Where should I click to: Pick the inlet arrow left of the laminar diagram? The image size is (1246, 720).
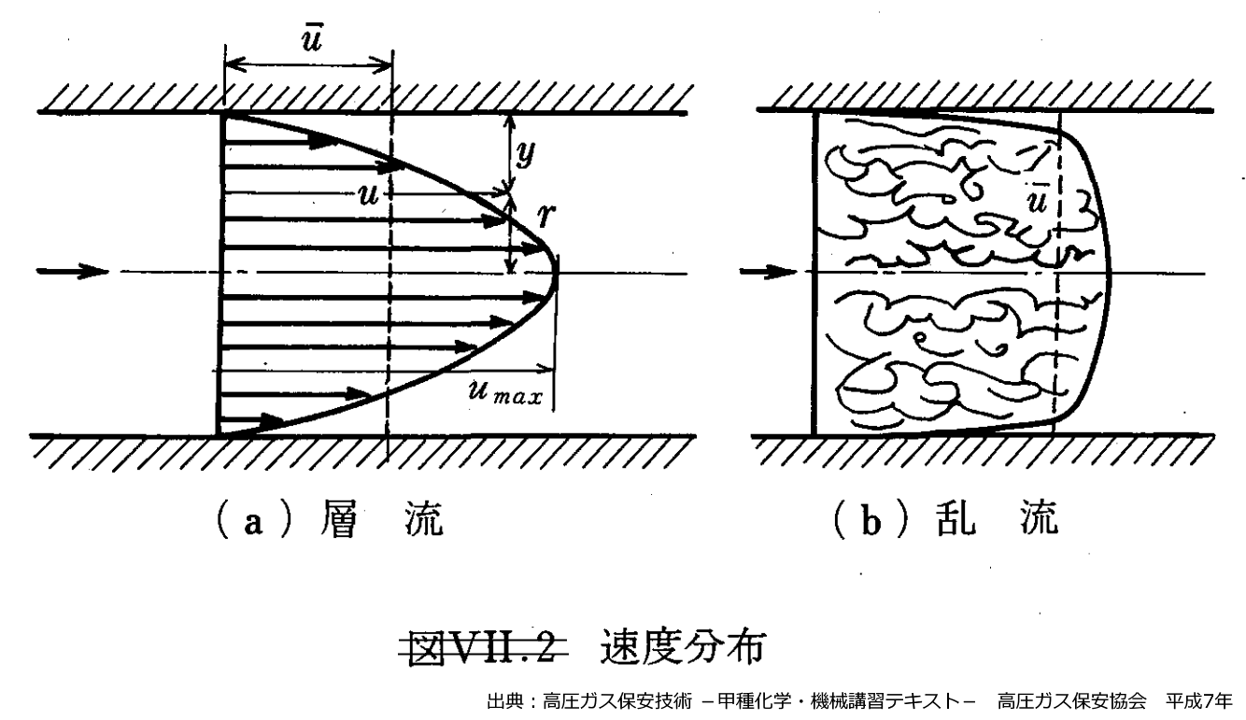[71, 272]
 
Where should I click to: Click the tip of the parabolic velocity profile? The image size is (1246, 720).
[557, 273]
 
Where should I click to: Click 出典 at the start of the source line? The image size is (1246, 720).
[503, 700]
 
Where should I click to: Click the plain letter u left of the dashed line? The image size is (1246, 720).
[367, 194]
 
